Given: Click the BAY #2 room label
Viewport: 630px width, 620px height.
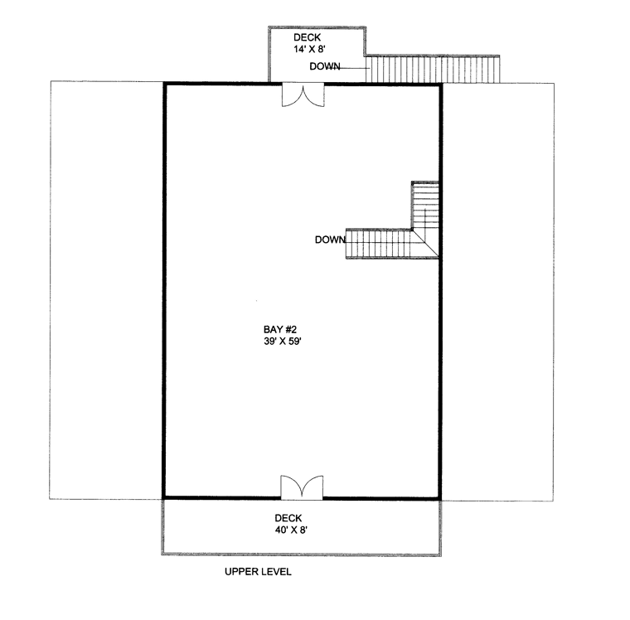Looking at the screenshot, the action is pyautogui.click(x=280, y=330).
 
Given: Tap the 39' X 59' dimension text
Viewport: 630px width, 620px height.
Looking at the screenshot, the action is pyautogui.click(x=283, y=341).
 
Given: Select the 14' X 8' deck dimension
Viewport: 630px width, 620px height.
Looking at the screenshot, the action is pyautogui.click(x=309, y=49).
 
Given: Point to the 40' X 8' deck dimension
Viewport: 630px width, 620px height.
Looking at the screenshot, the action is pyautogui.click(x=291, y=530).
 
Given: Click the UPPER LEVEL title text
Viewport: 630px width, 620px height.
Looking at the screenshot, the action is pyautogui.click(x=258, y=571).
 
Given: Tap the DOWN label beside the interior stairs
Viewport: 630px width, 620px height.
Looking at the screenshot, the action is pyautogui.click(x=330, y=240).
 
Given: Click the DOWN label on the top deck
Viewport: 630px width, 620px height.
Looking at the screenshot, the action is pyautogui.click(x=325, y=66).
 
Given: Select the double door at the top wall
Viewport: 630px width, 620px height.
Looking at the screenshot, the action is pyautogui.click(x=303, y=94).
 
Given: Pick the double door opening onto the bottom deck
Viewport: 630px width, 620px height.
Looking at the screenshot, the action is pyautogui.click(x=302, y=487).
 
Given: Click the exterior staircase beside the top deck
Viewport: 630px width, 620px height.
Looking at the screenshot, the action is pyautogui.click(x=433, y=69).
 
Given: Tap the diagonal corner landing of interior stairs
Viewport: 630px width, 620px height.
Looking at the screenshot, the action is pyautogui.click(x=425, y=243).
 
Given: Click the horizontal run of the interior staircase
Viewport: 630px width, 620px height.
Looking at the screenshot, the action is pyautogui.click(x=379, y=244).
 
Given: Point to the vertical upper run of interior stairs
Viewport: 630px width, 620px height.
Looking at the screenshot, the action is pyautogui.click(x=425, y=205).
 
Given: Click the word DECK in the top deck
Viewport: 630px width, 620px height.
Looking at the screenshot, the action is pyautogui.click(x=308, y=37).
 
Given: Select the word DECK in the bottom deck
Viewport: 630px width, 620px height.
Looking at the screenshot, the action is pyautogui.click(x=288, y=518).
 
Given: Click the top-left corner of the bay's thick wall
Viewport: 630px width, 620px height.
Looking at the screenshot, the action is pyautogui.click(x=164, y=84).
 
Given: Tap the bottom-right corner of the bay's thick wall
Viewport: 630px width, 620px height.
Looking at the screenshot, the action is pyautogui.click(x=440, y=498).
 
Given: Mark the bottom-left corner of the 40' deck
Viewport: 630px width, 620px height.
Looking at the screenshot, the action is pyautogui.click(x=162, y=554).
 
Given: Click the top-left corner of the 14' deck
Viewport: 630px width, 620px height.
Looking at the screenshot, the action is pyautogui.click(x=269, y=27).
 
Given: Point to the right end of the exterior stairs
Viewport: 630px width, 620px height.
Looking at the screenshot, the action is pyautogui.click(x=499, y=69).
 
